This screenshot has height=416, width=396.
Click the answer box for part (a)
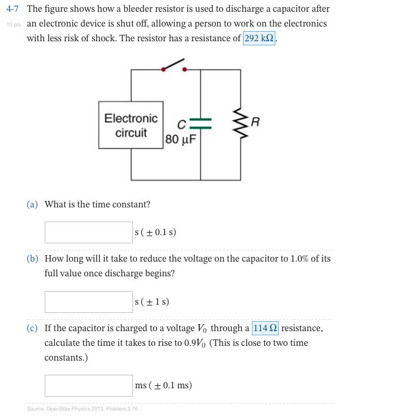[x=89, y=232]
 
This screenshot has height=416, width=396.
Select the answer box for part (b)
[x=89, y=302]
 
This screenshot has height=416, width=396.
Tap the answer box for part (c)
[x=89, y=385]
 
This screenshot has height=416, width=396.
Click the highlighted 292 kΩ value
[x=259, y=38]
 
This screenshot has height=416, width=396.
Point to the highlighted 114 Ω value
[x=265, y=328]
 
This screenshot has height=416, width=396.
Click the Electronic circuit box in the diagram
[x=131, y=126]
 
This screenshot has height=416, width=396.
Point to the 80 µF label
[x=181, y=140]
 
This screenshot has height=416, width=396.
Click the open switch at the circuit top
[x=174, y=65]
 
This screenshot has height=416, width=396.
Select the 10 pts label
[x=14, y=24]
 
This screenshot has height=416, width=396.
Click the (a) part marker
[x=32, y=204]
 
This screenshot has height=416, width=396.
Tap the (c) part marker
[x=32, y=328]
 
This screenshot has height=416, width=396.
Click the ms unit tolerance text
[x=163, y=385]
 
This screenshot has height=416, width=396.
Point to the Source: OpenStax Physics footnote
[x=82, y=409]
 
